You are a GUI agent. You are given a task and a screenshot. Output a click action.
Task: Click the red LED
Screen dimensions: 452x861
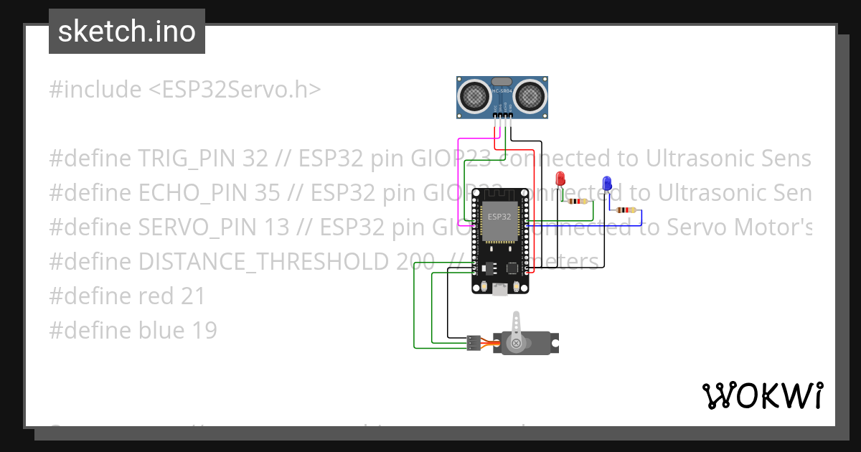[x=561, y=179]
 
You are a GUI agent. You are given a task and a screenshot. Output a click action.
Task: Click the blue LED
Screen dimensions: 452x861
[x=607, y=183]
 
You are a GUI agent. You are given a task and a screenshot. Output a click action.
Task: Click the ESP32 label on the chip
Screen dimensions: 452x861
[x=499, y=216]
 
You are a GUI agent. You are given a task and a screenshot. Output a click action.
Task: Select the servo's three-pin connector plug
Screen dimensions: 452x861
[x=473, y=343]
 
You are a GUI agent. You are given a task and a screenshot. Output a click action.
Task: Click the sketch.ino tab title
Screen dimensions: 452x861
[x=127, y=32]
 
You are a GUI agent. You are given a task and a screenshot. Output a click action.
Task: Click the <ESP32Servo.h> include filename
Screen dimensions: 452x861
[x=235, y=90]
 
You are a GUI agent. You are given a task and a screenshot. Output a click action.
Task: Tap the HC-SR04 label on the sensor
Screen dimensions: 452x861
[x=502, y=91]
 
